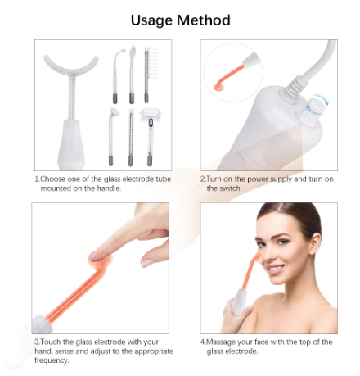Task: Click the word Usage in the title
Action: click(151, 20)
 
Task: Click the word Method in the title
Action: click(204, 20)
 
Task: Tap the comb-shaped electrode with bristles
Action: click(150, 75)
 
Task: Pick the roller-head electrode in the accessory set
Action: click(150, 137)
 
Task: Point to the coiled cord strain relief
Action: click(291, 88)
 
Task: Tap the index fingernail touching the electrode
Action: click(93, 256)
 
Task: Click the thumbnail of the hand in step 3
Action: click(147, 263)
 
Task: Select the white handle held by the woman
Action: click(241, 301)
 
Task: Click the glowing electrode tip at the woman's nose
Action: click(258, 256)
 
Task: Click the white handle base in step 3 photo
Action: click(42, 324)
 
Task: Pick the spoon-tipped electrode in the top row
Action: click(132, 75)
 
